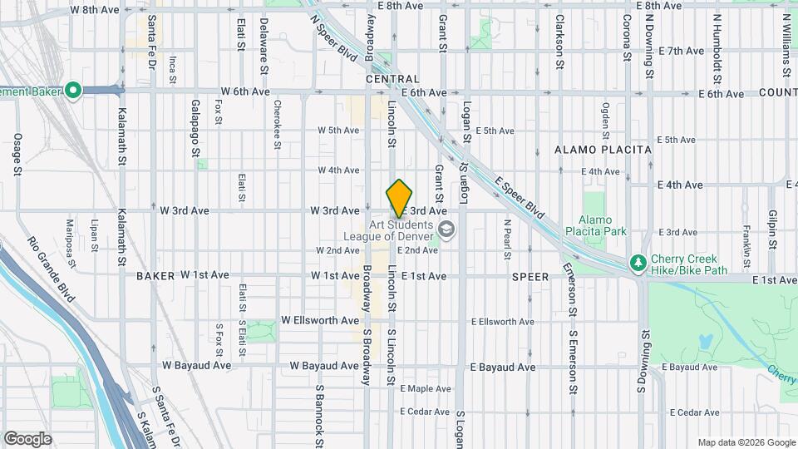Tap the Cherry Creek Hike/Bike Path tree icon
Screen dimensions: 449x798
point(638,264)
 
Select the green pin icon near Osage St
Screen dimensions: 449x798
point(72,90)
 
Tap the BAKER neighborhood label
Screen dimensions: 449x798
point(155,275)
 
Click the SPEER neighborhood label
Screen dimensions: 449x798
point(530,276)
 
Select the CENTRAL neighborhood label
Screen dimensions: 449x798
point(392,79)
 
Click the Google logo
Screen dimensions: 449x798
point(27,438)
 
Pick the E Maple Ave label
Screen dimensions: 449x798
point(426,388)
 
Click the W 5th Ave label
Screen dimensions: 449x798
point(338,131)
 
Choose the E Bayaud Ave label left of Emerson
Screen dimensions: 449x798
point(503,367)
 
